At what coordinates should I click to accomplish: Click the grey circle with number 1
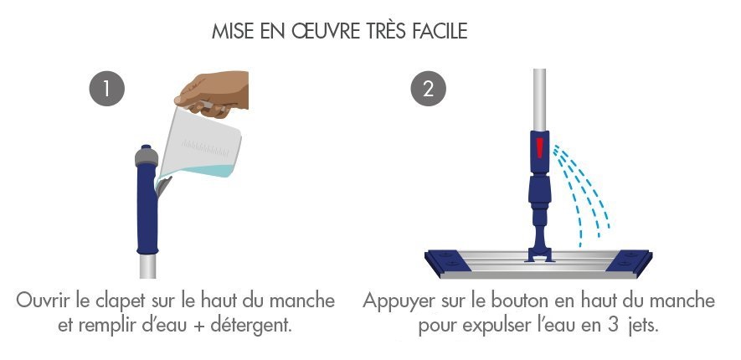(x=107, y=89)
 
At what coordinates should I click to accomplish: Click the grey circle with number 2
(x=428, y=89)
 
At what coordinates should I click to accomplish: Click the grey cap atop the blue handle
(x=147, y=156)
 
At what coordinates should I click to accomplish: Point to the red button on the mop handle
(x=540, y=148)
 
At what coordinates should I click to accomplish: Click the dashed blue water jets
(x=581, y=193)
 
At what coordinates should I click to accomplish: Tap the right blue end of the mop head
(x=629, y=262)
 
